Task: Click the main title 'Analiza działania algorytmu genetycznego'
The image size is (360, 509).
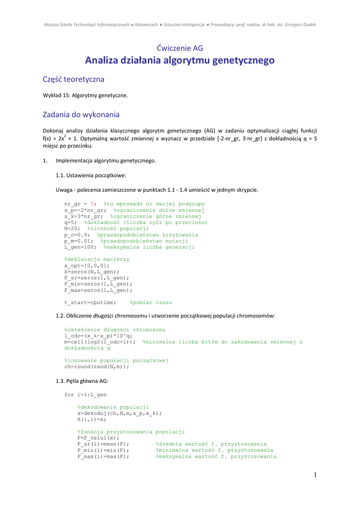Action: tap(180, 61)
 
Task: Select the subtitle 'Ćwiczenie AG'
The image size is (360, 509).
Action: tap(180, 48)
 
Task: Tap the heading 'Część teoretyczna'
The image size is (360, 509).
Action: tap(74, 79)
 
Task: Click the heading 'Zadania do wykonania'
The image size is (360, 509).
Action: tap(81, 115)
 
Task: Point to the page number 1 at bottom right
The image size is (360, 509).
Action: tap(315, 475)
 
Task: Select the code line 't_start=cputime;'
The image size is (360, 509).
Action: tap(90, 302)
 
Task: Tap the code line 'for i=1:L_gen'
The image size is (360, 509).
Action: tap(86, 395)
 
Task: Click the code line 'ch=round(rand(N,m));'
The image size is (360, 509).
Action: tap(96, 366)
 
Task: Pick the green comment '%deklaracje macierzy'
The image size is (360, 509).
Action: tap(97, 259)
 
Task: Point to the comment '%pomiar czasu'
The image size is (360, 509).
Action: tap(151, 302)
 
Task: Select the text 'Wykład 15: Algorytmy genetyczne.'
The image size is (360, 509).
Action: tap(86, 95)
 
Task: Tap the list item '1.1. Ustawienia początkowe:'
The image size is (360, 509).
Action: tap(91, 175)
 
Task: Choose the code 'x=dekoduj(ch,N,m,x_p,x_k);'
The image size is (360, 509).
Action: tap(119, 413)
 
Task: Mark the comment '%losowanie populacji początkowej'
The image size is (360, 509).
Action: tap(117, 360)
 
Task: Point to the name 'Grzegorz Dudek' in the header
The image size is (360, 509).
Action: tap(299, 24)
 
